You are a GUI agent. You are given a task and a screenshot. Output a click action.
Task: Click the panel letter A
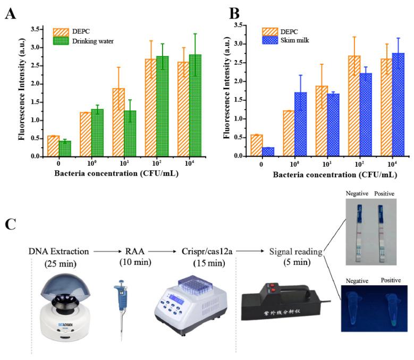tap(10, 14)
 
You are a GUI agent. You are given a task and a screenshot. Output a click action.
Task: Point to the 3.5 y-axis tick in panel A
tap(36, 29)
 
